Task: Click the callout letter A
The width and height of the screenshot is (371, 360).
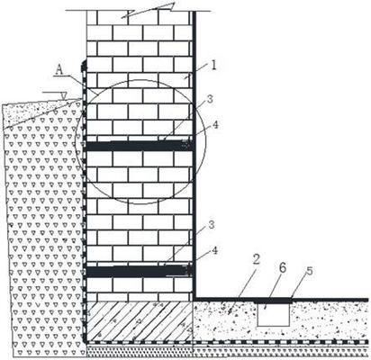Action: point(60,70)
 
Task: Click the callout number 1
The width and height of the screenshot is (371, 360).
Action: point(213,65)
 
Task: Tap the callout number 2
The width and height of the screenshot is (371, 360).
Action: point(256,259)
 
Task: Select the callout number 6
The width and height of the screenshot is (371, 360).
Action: point(283,268)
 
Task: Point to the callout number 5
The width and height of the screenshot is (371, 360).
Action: point(309,271)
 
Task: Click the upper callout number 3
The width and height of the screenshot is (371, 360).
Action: point(210,99)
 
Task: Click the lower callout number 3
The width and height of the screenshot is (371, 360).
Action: point(212,225)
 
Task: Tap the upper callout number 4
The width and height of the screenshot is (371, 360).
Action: point(215,124)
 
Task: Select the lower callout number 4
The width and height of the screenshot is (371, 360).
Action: point(214,250)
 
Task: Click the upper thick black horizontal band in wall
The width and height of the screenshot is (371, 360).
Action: point(139,146)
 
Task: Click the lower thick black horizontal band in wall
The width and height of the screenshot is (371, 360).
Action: point(139,271)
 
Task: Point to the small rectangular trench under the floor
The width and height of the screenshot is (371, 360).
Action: point(274,314)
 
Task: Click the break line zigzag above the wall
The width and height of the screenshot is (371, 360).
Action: point(148,11)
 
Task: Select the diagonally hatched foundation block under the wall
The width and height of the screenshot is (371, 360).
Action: point(139,321)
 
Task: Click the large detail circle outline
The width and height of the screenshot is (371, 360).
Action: point(140,80)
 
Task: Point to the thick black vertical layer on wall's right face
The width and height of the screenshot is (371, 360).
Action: point(195,155)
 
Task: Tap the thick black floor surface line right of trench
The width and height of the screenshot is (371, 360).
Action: point(330,300)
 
